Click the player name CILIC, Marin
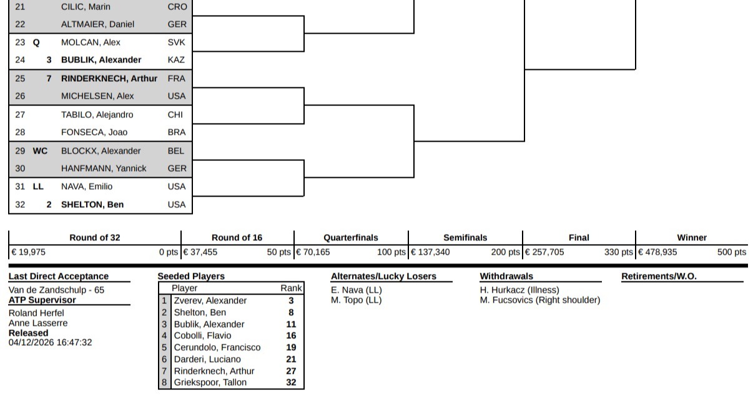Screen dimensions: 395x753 click(x=86, y=7)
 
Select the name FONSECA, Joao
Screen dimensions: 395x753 click(x=94, y=132)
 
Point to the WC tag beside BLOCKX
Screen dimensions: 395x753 click(x=40, y=151)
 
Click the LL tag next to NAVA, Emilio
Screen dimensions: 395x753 click(x=38, y=187)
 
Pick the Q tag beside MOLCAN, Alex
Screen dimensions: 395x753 click(x=36, y=42)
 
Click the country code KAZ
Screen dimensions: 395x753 click(x=176, y=60)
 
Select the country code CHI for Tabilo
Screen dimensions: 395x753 click(x=175, y=115)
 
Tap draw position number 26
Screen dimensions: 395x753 click(x=20, y=96)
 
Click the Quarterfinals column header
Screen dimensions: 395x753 click(x=350, y=238)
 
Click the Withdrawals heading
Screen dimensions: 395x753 click(x=506, y=276)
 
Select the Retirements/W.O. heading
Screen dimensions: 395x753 click(x=659, y=276)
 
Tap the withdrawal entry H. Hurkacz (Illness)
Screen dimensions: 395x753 click(x=519, y=290)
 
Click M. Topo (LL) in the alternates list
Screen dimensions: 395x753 click(x=356, y=300)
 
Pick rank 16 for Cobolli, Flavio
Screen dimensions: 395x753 click(x=291, y=336)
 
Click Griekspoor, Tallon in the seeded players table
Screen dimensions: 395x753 click(x=210, y=383)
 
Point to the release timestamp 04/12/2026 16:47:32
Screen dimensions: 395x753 click(x=50, y=343)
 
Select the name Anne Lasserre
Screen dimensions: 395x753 click(x=38, y=323)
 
